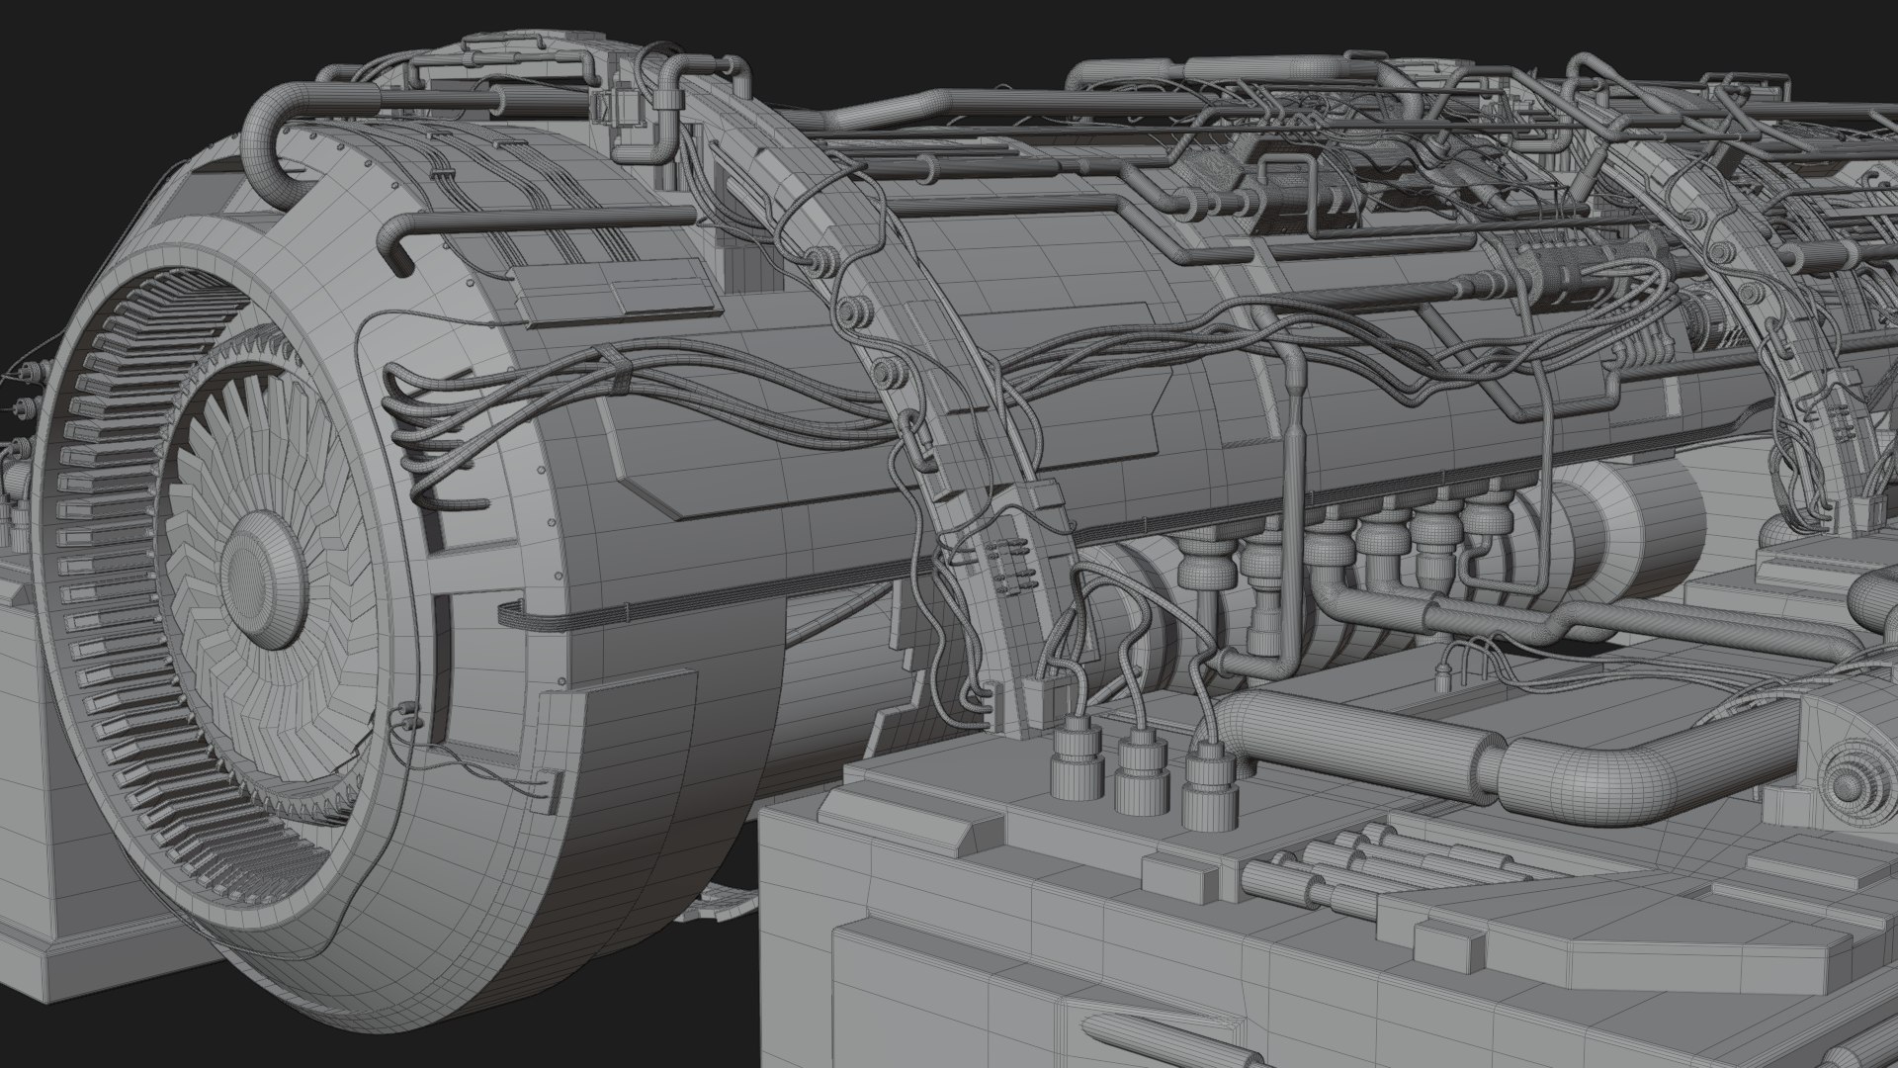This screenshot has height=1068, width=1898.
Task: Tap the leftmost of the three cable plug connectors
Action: pyautogui.click(x=1072, y=761)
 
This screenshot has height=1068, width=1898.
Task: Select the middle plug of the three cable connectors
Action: pyautogui.click(x=1139, y=771)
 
